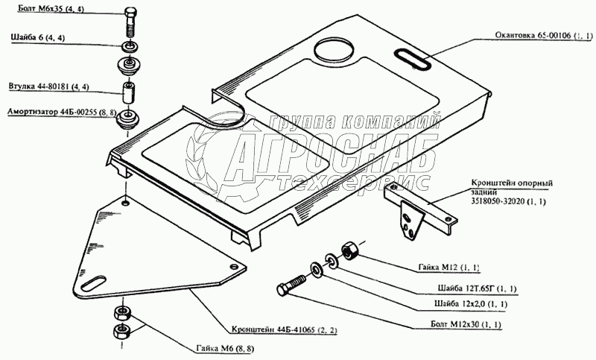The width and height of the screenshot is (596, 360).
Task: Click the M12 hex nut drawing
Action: click(350, 252)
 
